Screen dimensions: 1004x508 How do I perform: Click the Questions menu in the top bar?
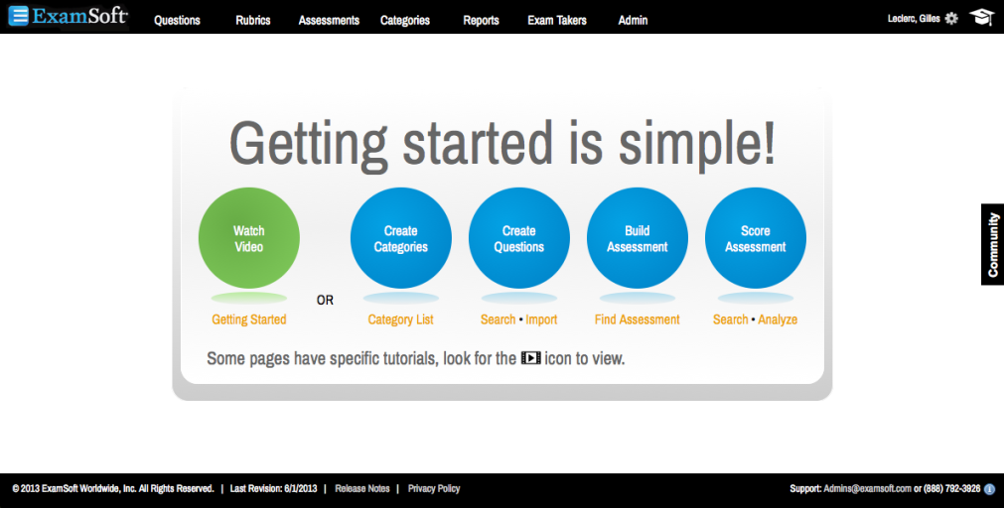[177, 21]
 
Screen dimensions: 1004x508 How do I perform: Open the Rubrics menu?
[253, 21]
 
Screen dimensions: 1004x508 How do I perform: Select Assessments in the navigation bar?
[329, 21]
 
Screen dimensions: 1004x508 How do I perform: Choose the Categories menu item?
[404, 21]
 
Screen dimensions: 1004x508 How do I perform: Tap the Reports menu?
[481, 21]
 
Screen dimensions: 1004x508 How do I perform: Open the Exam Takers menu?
[557, 21]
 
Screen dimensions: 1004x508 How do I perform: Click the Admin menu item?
[633, 21]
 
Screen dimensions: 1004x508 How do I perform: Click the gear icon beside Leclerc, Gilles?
[951, 19]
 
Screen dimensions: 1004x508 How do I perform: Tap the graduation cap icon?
[981, 17]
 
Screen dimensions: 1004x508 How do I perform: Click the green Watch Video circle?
[249, 238]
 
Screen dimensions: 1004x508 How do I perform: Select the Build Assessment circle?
[638, 238]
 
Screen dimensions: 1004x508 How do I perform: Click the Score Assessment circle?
[756, 238]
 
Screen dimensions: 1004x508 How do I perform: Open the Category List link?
[401, 319]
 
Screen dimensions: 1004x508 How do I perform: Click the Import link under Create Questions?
[541, 319]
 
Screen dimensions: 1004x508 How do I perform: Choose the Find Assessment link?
[638, 319]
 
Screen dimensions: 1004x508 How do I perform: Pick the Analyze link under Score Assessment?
[778, 319]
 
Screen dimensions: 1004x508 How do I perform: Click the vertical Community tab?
[992, 244]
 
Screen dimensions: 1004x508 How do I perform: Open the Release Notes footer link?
[362, 489]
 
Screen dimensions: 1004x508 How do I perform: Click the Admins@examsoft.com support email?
[867, 489]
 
